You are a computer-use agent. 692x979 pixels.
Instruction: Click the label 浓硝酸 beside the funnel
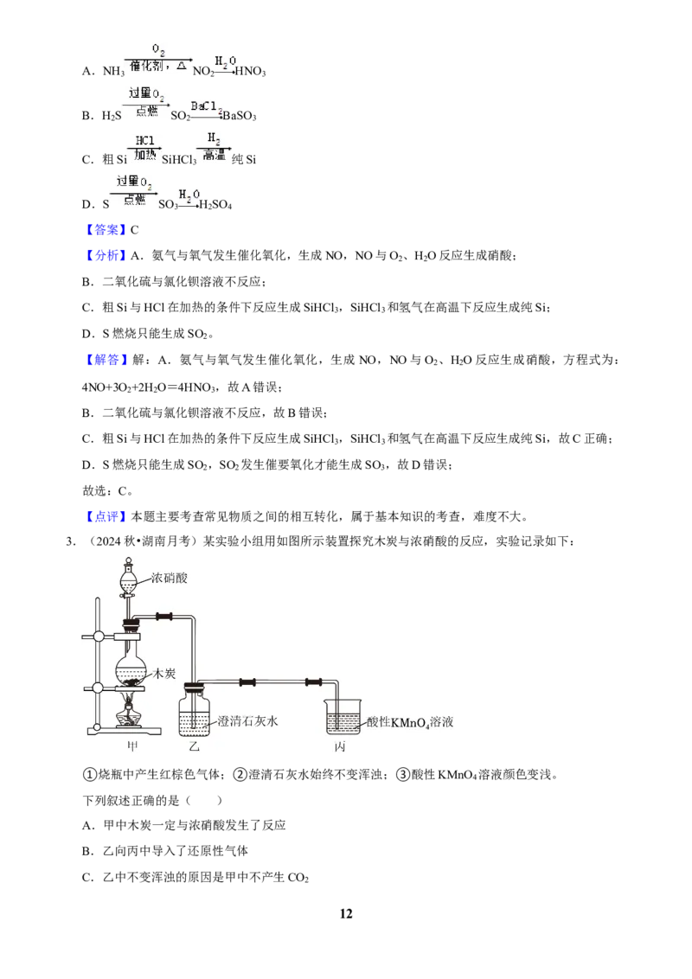(169, 579)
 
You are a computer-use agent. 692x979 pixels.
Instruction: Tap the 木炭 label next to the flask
(164, 673)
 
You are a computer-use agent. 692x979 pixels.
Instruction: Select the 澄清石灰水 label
(247, 721)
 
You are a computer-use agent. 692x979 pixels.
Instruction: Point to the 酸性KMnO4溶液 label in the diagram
(410, 722)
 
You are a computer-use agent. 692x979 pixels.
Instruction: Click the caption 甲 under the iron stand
(132, 746)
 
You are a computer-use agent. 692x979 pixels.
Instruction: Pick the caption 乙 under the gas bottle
(195, 746)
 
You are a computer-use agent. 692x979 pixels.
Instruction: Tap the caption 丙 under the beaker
(340, 746)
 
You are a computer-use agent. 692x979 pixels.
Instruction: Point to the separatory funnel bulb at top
(128, 582)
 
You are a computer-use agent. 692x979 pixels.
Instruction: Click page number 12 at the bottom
(346, 914)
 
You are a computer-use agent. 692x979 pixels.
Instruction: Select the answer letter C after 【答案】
(134, 230)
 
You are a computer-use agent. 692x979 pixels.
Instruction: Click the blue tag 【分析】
(106, 255)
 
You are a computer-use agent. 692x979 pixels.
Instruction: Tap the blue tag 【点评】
(106, 516)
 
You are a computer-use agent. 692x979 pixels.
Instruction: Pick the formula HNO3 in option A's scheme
(251, 72)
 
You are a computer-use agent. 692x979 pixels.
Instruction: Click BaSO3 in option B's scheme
(240, 116)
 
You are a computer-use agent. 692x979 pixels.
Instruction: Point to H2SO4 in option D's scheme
(215, 205)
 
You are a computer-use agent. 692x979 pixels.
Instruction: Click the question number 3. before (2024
(71, 541)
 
